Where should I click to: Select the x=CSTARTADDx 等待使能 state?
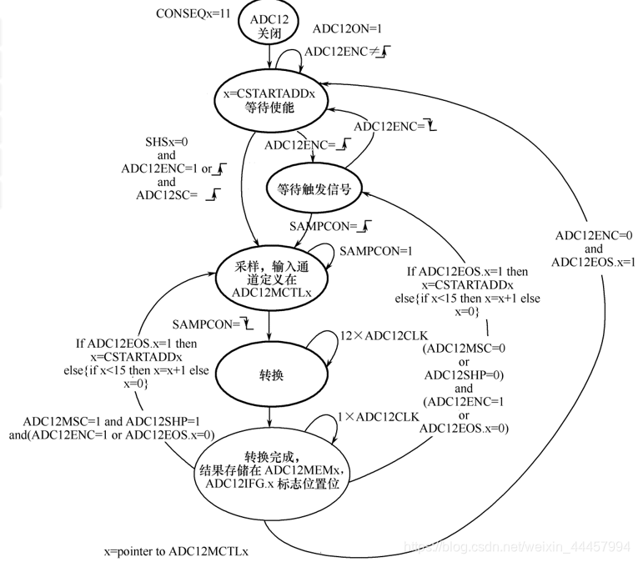click(269, 101)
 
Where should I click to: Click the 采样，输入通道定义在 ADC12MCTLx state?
click(269, 279)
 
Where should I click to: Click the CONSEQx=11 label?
click(193, 13)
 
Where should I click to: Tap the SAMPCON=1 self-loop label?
click(375, 251)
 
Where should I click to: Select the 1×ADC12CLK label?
click(377, 416)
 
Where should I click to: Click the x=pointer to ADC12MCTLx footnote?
click(176, 551)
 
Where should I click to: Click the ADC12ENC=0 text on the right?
click(595, 235)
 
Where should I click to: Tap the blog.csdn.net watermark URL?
click(517, 546)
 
